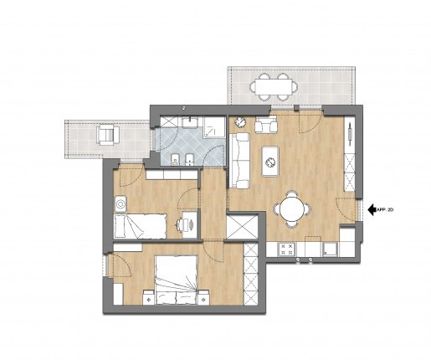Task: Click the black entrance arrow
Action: [372, 209]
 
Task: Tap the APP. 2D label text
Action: [385, 210]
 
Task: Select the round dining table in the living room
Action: [292, 208]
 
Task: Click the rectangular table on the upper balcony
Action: [274, 86]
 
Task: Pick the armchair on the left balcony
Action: [108, 135]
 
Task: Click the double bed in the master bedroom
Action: [177, 280]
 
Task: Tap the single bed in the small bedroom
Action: [141, 226]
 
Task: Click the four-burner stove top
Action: [287, 249]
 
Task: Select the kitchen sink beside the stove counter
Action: [331, 249]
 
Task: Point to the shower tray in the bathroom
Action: [214, 127]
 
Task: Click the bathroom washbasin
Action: [190, 122]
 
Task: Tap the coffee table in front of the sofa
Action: [270, 162]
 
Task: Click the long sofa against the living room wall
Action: [239, 161]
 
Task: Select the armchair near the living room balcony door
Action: [266, 124]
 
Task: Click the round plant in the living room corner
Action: [239, 122]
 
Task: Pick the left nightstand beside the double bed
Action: [148, 297]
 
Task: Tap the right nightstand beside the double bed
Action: [203, 297]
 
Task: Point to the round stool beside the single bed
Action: [121, 204]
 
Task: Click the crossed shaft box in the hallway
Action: [242, 226]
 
